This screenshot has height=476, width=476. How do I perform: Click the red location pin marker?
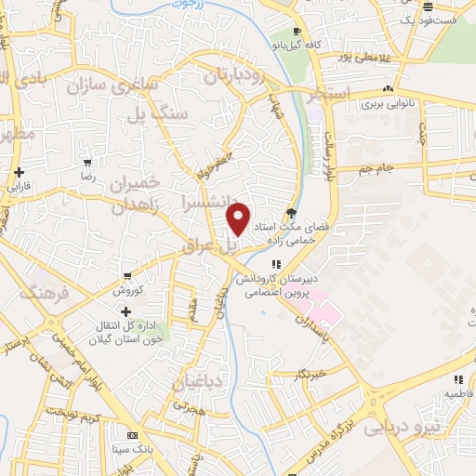click(239, 218)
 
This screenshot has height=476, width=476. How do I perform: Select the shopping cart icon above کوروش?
click(127, 276)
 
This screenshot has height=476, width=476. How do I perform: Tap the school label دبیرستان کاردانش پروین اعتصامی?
click(276, 285)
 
